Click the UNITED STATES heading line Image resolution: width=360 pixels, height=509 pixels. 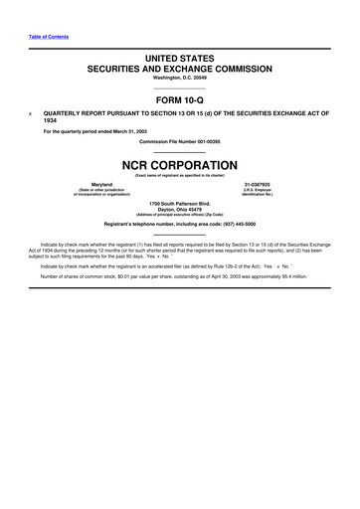[x=180, y=60]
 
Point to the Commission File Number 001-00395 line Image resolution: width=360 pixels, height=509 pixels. [x=180, y=141]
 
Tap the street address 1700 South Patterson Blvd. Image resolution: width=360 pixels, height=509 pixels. [x=180, y=204]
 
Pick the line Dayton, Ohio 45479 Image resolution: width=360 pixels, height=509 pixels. [x=180, y=210]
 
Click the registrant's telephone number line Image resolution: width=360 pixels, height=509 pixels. [x=180, y=224]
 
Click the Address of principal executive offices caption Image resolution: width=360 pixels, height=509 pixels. [x=180, y=216]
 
